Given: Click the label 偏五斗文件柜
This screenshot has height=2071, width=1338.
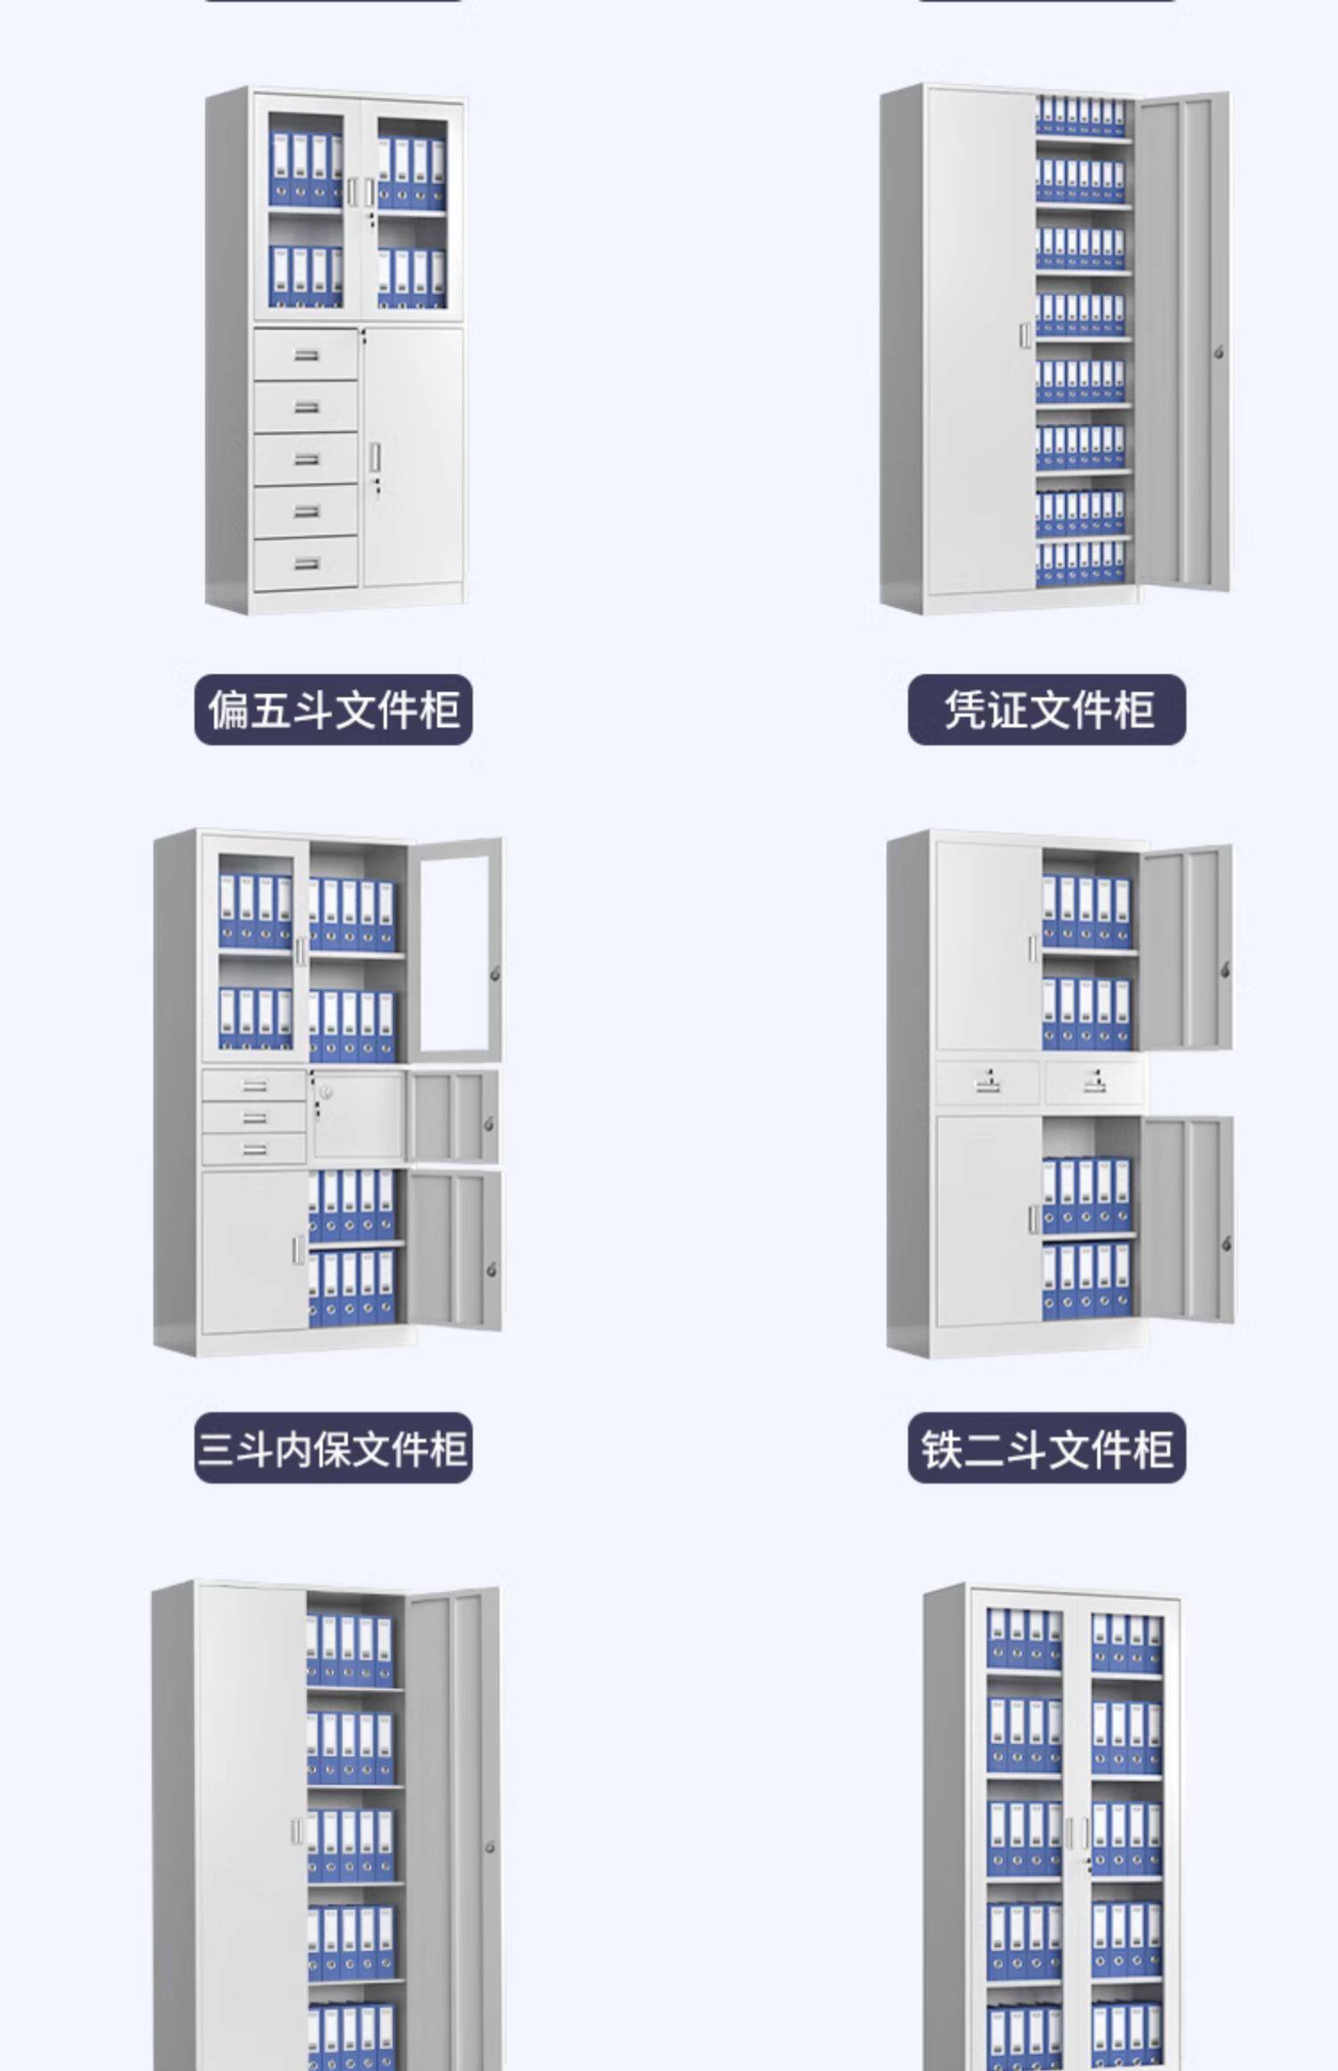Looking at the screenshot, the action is (x=333, y=710).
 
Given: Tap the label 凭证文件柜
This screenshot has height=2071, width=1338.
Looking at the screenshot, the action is (x=1046, y=710).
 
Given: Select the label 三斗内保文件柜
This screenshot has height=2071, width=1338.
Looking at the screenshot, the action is (x=333, y=1448).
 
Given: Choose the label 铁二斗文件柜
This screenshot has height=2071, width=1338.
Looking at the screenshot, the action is (x=1046, y=1448).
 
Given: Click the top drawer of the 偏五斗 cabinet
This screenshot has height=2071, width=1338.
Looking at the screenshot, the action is (x=306, y=355).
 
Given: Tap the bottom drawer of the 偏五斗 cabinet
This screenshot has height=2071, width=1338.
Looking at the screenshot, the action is (x=306, y=564).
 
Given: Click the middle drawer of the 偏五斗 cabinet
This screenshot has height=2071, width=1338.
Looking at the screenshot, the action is (x=306, y=459).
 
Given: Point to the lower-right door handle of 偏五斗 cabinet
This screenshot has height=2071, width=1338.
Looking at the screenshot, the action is (x=375, y=457).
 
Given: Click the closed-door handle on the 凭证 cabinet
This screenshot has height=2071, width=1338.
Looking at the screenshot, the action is (x=1025, y=335).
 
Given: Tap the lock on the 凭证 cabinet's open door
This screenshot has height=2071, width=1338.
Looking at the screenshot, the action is (x=1219, y=352).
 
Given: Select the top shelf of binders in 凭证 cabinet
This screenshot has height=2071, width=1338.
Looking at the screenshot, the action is (x=1080, y=117).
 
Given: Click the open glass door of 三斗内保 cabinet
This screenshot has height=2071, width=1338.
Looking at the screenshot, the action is (x=456, y=950).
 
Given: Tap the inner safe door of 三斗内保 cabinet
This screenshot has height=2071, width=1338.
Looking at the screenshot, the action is (x=358, y=1115).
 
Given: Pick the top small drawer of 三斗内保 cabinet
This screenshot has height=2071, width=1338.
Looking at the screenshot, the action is (x=254, y=1085).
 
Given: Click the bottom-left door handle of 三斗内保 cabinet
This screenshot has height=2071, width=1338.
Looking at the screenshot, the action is (x=297, y=1249).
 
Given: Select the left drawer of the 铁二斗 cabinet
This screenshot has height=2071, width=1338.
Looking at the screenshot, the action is (x=987, y=1083).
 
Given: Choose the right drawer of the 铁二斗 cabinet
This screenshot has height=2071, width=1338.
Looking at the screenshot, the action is (x=1094, y=1083).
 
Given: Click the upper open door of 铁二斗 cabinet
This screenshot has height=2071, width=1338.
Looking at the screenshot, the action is (x=1186, y=948).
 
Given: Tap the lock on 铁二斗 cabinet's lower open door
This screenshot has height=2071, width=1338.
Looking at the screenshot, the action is (x=1226, y=1243).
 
